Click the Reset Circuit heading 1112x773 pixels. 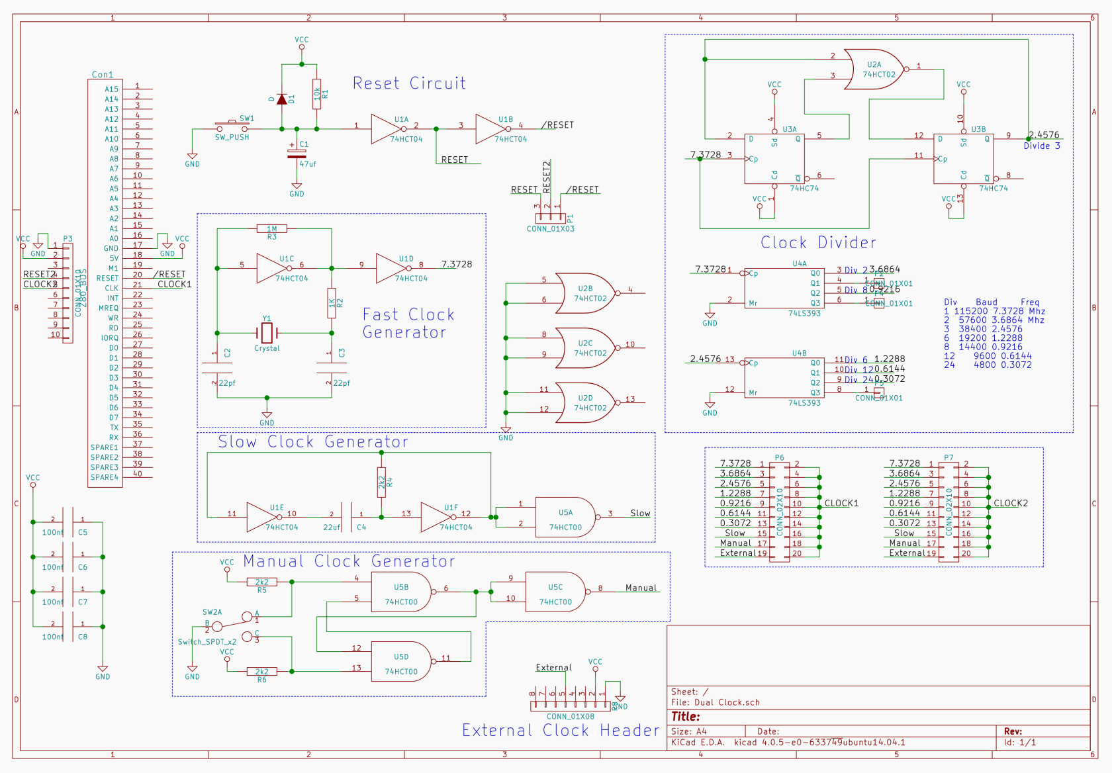pyautogui.click(x=409, y=83)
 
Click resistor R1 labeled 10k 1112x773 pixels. pyautogui.click(x=316, y=94)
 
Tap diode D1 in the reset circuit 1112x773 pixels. pyautogui.click(x=282, y=99)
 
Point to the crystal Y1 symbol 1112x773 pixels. pyautogui.click(x=267, y=333)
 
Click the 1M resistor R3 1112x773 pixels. pyautogui.click(x=272, y=229)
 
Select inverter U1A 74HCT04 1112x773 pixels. pyautogui.click(x=387, y=129)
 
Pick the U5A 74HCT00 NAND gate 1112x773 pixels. pyautogui.click(x=565, y=518)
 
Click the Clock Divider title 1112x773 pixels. pyautogui.click(x=818, y=242)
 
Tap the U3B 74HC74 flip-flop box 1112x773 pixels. pyautogui.click(x=963, y=159)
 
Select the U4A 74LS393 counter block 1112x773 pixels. pyautogui.click(x=784, y=289)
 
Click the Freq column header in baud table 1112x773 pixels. pyautogui.click(x=1029, y=302)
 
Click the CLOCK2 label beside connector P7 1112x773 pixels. pyautogui.click(x=1011, y=503)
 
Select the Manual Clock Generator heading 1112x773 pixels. pyautogui.click(x=349, y=561)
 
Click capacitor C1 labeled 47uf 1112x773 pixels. pyautogui.click(x=297, y=154)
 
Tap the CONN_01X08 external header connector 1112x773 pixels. pyautogui.click(x=570, y=706)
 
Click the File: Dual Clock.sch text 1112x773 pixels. pyautogui.click(x=716, y=702)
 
